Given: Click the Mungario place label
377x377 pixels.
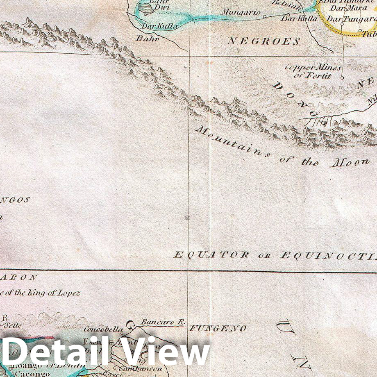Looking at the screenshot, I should point(241,12).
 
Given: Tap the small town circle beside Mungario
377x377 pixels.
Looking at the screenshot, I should point(264,17).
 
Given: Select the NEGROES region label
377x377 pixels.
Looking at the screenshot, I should point(264,41).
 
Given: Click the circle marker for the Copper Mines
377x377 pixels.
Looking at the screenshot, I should point(343,76).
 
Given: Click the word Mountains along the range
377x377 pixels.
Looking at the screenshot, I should point(232,142).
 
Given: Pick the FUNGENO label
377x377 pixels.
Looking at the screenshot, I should point(217,328).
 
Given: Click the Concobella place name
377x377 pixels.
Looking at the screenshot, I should point(103,329).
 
